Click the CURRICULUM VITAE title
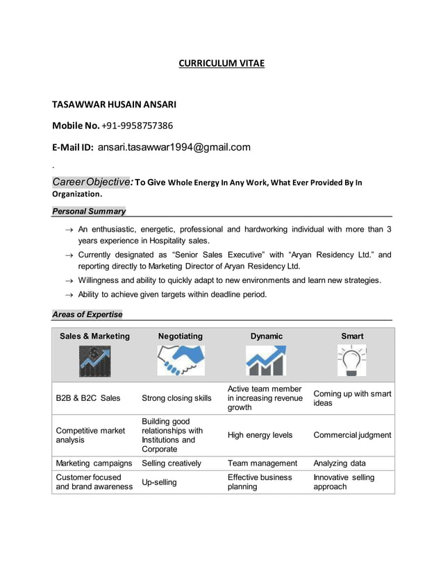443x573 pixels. coord(221,64)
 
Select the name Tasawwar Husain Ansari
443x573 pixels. coord(115,105)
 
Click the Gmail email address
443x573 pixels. coord(174,147)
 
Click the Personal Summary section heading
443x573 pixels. coord(89,211)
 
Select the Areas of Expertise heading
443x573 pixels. coord(87,314)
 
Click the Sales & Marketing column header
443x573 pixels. coord(94,336)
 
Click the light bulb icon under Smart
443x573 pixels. coord(352,361)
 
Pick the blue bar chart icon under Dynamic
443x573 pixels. coord(266,361)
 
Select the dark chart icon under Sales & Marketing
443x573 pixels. coord(94,361)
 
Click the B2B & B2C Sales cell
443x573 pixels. coord(88,398)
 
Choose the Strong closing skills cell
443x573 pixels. coord(176,398)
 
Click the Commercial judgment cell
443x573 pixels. coord(352,435)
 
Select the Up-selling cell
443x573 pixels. coord(159,481)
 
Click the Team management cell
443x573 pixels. coord(262,463)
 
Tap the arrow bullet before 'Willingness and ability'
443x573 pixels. coord(69,281)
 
